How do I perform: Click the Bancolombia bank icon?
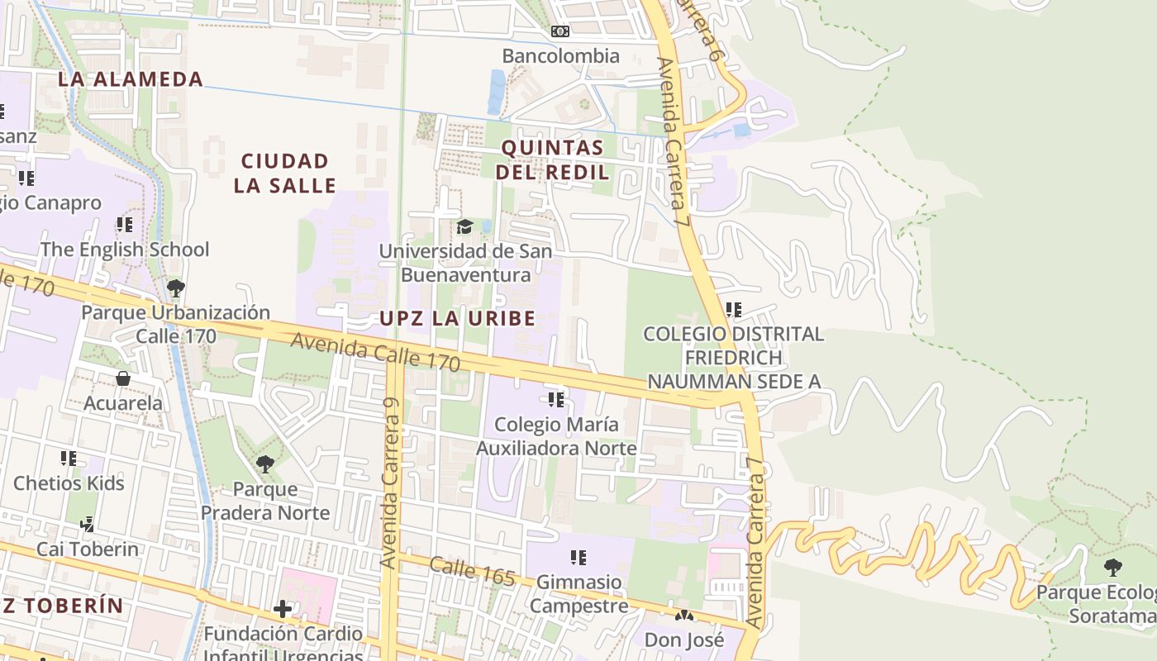click(x=560, y=32)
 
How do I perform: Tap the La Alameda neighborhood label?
click(x=131, y=79)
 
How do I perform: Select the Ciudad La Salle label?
click(x=285, y=173)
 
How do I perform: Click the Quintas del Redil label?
click(x=555, y=160)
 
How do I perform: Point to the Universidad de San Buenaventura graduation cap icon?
click(x=465, y=226)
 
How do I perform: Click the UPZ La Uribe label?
click(x=457, y=318)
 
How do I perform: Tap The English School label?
click(x=125, y=249)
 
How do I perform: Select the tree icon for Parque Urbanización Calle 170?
click(x=175, y=288)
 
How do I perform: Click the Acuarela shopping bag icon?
click(x=123, y=378)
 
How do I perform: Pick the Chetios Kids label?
click(x=69, y=483)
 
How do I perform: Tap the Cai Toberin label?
click(x=88, y=549)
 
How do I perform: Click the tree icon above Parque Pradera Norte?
click(x=265, y=464)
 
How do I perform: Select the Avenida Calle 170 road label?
click(x=375, y=351)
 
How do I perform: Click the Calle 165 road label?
click(x=472, y=571)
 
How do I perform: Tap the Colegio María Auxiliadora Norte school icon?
click(x=556, y=400)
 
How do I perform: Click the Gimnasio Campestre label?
click(x=578, y=593)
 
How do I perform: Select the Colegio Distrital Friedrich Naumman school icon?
click(x=733, y=310)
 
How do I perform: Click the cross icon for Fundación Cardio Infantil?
click(x=283, y=609)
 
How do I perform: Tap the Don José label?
click(x=684, y=639)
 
